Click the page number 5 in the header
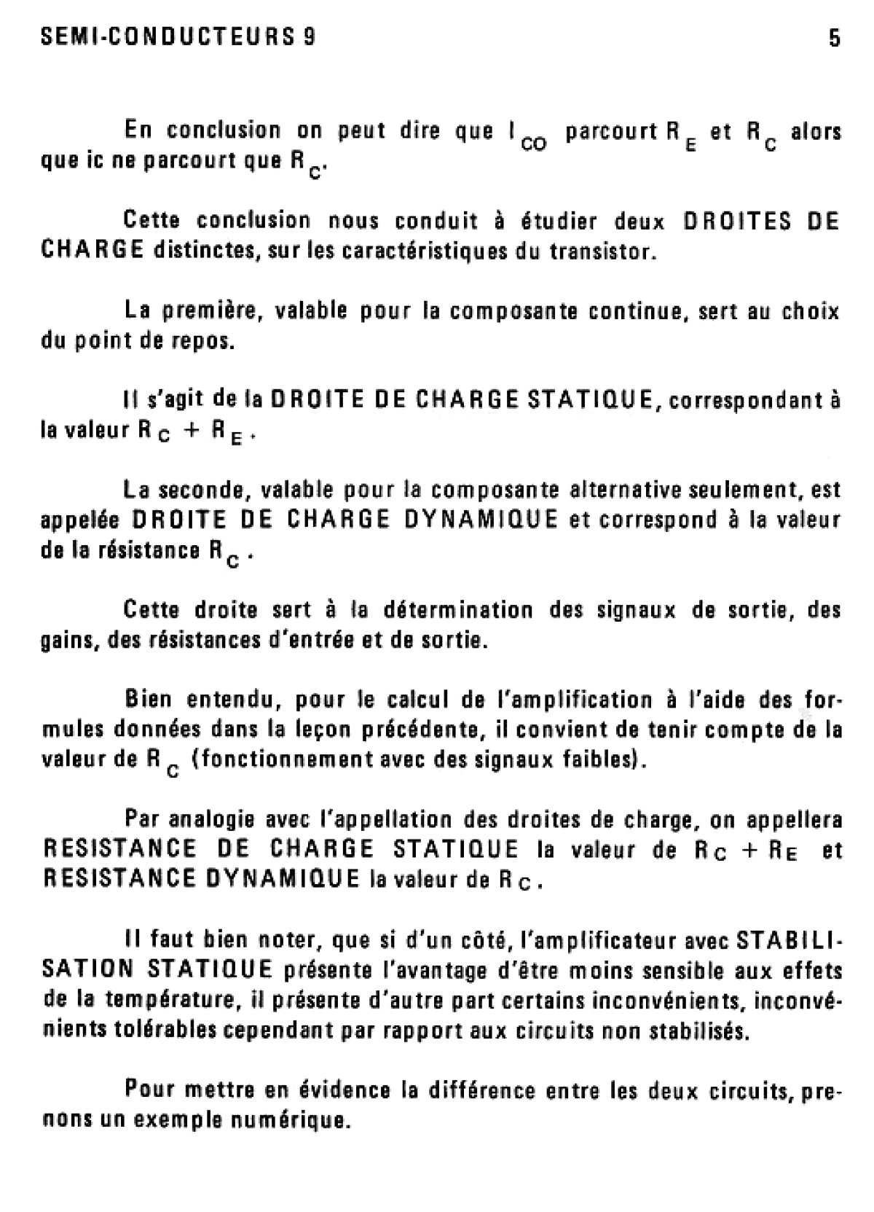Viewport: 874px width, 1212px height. point(834,39)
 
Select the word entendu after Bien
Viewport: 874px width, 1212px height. point(234,700)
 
